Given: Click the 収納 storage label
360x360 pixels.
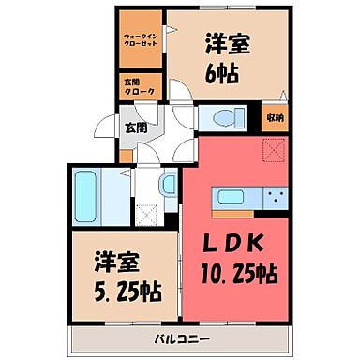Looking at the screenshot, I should [x=273, y=116].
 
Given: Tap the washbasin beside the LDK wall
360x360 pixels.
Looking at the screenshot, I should [x=166, y=184].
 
